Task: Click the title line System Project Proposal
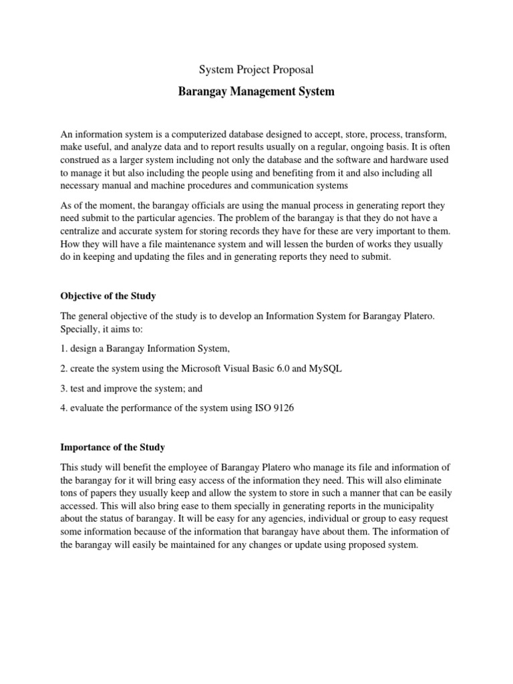point(256,69)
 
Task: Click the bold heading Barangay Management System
point(256,92)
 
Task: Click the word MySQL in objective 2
point(325,369)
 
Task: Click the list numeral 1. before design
point(64,349)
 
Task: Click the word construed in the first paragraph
point(79,160)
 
